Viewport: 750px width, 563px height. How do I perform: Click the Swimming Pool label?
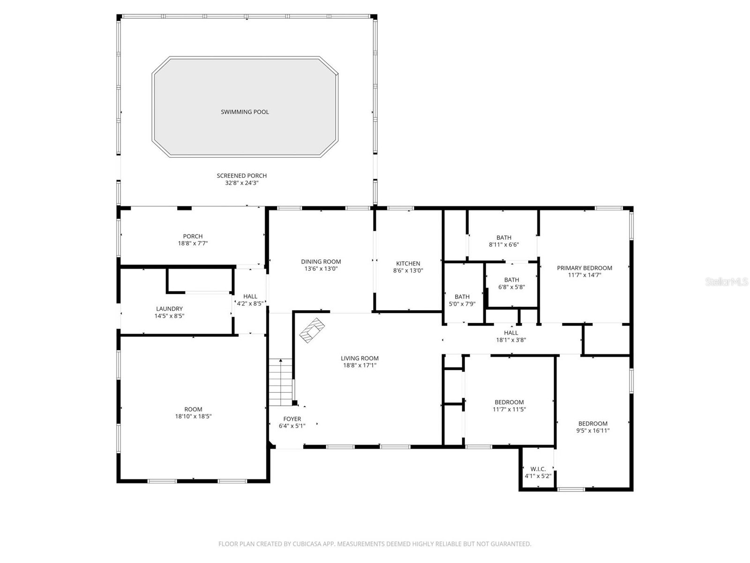(245, 112)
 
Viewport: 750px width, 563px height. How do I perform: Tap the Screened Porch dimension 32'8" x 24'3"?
(241, 183)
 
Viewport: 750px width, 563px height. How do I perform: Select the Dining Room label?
(321, 262)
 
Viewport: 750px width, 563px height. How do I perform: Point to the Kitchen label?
(408, 264)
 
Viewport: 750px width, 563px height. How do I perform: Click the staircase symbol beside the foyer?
(280, 382)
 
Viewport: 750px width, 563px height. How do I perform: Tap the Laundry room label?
(169, 309)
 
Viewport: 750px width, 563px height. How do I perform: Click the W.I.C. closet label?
(538, 469)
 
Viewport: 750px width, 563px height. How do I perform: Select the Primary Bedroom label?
(584, 268)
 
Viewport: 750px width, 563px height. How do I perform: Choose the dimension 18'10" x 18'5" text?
(193, 417)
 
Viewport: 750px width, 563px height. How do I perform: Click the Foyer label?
(292, 419)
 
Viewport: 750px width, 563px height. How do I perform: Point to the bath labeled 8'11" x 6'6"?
(504, 241)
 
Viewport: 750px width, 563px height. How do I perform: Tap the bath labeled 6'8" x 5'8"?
(511, 283)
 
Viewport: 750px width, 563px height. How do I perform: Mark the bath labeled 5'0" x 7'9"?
(462, 300)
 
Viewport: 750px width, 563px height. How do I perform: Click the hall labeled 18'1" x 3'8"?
(511, 336)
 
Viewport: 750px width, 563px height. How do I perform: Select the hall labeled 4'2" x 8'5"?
(250, 300)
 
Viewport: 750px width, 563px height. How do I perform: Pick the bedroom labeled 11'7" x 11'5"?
(509, 406)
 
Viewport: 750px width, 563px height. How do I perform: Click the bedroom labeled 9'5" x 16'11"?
(592, 427)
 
